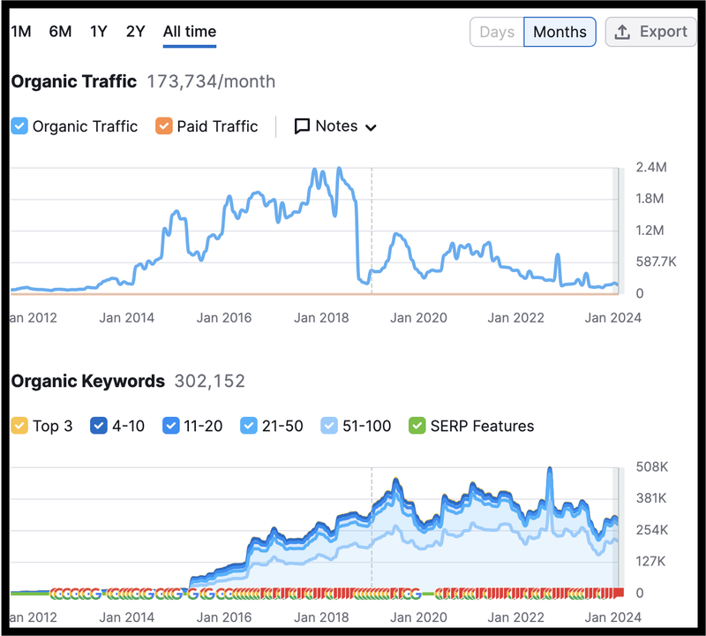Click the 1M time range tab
pyautogui.click(x=21, y=32)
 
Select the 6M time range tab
pyautogui.click(x=60, y=32)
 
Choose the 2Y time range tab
pyautogui.click(x=135, y=32)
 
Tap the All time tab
pyautogui.click(x=189, y=32)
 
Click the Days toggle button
pyautogui.click(x=497, y=32)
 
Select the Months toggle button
pyautogui.click(x=560, y=32)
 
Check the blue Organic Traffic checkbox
pyautogui.click(x=20, y=126)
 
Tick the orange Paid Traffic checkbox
pyautogui.click(x=163, y=126)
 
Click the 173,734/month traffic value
pyautogui.click(x=211, y=82)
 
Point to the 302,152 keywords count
pyautogui.click(x=210, y=382)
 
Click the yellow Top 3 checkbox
pyautogui.click(x=20, y=426)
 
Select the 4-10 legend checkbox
pyautogui.click(x=99, y=426)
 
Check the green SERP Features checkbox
pyautogui.click(x=417, y=426)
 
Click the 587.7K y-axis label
pyautogui.click(x=656, y=261)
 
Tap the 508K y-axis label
pyautogui.click(x=651, y=466)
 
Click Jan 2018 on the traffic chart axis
pyautogui.click(x=321, y=318)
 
